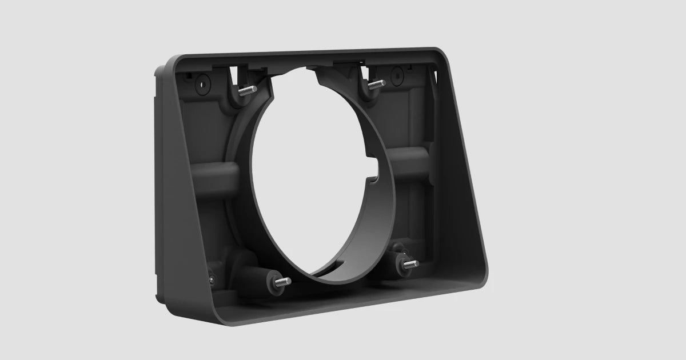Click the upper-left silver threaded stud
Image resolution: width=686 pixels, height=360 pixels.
246,90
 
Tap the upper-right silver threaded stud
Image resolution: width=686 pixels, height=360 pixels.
376,85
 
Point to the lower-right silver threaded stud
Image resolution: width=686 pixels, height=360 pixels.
410,264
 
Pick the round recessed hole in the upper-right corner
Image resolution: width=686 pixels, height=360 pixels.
397,74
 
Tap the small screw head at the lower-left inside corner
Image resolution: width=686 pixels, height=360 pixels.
213,279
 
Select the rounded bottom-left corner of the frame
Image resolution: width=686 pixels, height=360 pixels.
220,317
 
